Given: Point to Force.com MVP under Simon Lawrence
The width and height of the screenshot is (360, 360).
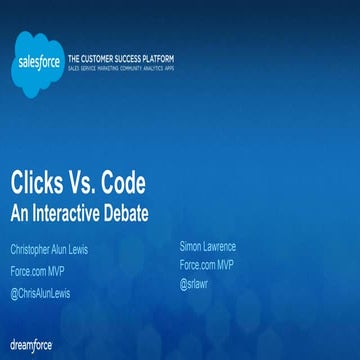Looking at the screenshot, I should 207,265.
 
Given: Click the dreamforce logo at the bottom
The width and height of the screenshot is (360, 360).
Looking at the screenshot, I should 31,344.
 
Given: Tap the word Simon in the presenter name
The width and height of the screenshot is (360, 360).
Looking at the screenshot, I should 192,246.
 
